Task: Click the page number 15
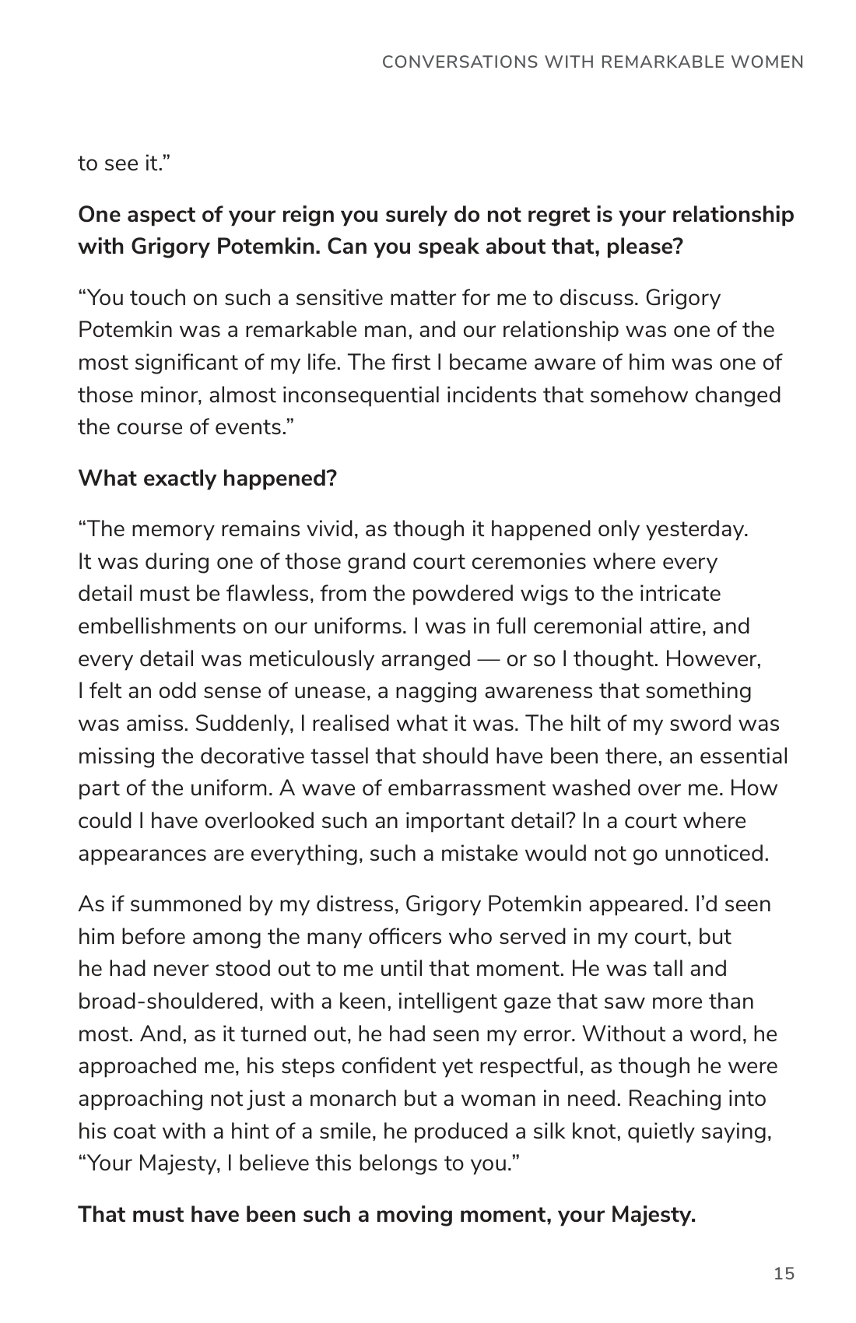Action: click(784, 1273)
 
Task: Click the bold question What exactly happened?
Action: click(207, 478)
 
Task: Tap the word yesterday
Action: click(696, 529)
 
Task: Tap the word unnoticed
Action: click(716, 854)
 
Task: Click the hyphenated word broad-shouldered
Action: click(170, 1002)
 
